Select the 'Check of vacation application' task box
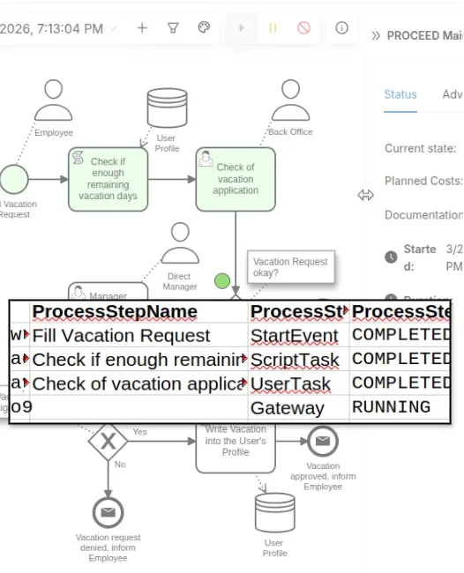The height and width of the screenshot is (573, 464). coord(235,179)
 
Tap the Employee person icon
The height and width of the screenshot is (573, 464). coord(53,103)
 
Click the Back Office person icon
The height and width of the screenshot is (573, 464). coord(290,101)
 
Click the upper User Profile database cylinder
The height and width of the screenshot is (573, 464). coord(167,108)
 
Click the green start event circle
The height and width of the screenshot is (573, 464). coord(13,179)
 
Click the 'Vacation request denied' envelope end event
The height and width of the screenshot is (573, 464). coord(108,512)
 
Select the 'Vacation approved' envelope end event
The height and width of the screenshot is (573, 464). coord(322,441)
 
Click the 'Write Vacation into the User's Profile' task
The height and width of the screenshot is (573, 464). coord(235,446)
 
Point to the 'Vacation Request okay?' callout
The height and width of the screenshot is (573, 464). coord(290,267)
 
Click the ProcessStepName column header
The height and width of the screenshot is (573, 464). coord(115,312)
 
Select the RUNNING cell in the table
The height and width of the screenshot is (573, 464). coord(391,407)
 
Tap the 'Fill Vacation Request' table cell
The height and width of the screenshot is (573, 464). coord(121,336)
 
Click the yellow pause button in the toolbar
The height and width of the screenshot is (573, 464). coord(273,28)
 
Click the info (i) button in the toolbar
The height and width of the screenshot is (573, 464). coord(341,28)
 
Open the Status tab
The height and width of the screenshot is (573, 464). coord(400,95)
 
